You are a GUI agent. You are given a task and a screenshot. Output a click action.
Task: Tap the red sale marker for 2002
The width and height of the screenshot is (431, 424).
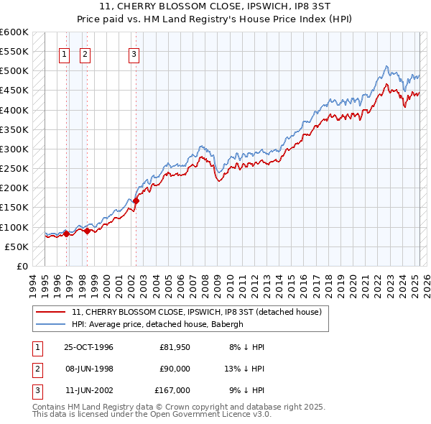point(136,201)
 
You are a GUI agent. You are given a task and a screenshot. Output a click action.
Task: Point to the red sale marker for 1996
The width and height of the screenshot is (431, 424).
point(66,234)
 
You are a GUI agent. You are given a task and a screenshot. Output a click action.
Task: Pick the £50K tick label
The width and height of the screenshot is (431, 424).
point(17,246)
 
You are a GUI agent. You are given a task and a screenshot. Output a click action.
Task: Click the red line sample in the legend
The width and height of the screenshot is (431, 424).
point(52,312)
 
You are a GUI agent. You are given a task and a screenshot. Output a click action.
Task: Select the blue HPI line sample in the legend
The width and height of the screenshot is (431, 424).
point(52,324)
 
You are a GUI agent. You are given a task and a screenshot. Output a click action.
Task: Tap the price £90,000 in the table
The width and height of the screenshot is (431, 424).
point(175,369)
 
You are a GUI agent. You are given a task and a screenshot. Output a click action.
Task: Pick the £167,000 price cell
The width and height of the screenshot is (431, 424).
point(172,390)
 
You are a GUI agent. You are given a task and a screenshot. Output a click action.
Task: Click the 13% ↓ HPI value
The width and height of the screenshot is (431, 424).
point(244,369)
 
